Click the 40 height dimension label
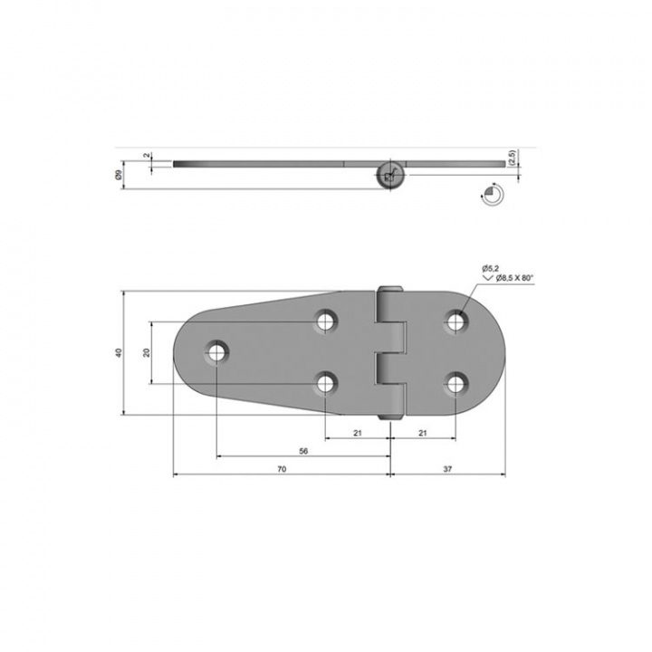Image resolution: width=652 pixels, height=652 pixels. tap(120, 352)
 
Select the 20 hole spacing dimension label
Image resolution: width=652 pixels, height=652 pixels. tap(147, 352)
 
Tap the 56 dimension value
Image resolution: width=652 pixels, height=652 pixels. tap(303, 451)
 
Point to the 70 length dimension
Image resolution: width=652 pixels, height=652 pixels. tap(282, 469)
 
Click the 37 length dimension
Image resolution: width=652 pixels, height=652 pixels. tap(447, 469)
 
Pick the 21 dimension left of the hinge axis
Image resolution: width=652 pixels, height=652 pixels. tap(358, 433)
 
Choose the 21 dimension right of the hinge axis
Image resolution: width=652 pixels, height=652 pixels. tap(423, 433)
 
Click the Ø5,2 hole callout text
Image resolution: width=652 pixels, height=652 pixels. tap(490, 269)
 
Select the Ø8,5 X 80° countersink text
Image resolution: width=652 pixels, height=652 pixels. tap(514, 278)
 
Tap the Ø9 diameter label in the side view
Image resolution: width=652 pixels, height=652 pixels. tap(119, 176)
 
